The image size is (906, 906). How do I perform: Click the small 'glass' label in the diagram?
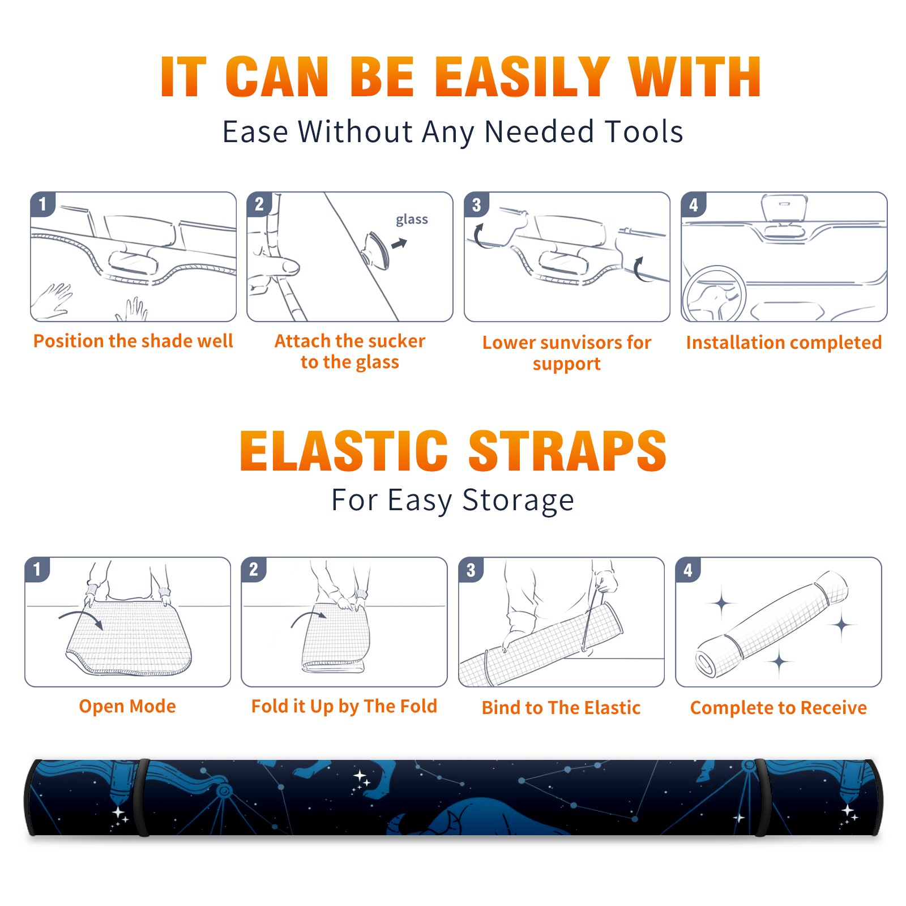click(412, 220)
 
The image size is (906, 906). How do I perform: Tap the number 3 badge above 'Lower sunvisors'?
click(477, 205)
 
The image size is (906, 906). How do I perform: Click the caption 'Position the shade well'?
click(133, 341)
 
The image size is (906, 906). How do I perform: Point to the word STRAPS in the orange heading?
click(567, 451)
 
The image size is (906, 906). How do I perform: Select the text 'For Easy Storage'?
click(452, 501)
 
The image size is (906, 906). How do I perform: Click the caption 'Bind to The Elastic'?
click(561, 708)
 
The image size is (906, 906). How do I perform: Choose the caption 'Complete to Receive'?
click(779, 708)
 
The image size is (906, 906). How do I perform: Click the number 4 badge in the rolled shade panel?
click(688, 570)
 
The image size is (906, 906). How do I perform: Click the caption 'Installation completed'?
click(784, 343)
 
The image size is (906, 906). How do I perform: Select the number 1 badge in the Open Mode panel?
click(37, 570)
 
